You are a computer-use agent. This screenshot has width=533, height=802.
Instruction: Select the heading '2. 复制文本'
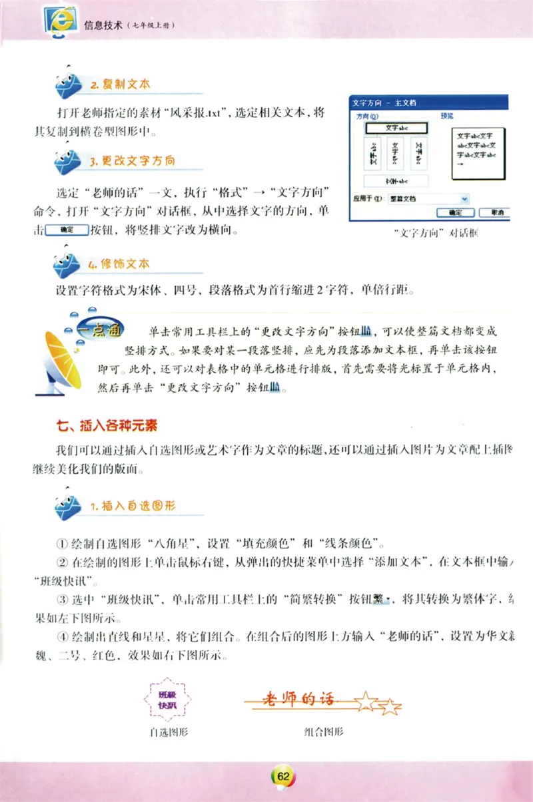[120, 85]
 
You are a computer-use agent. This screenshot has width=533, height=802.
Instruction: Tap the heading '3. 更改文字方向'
[133, 161]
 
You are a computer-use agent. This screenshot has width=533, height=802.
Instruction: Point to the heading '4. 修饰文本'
[119, 264]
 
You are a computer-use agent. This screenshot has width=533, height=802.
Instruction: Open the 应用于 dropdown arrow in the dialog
[464, 198]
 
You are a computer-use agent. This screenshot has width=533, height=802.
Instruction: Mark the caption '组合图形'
[323, 732]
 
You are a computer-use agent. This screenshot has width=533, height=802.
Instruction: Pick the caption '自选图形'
[169, 732]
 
